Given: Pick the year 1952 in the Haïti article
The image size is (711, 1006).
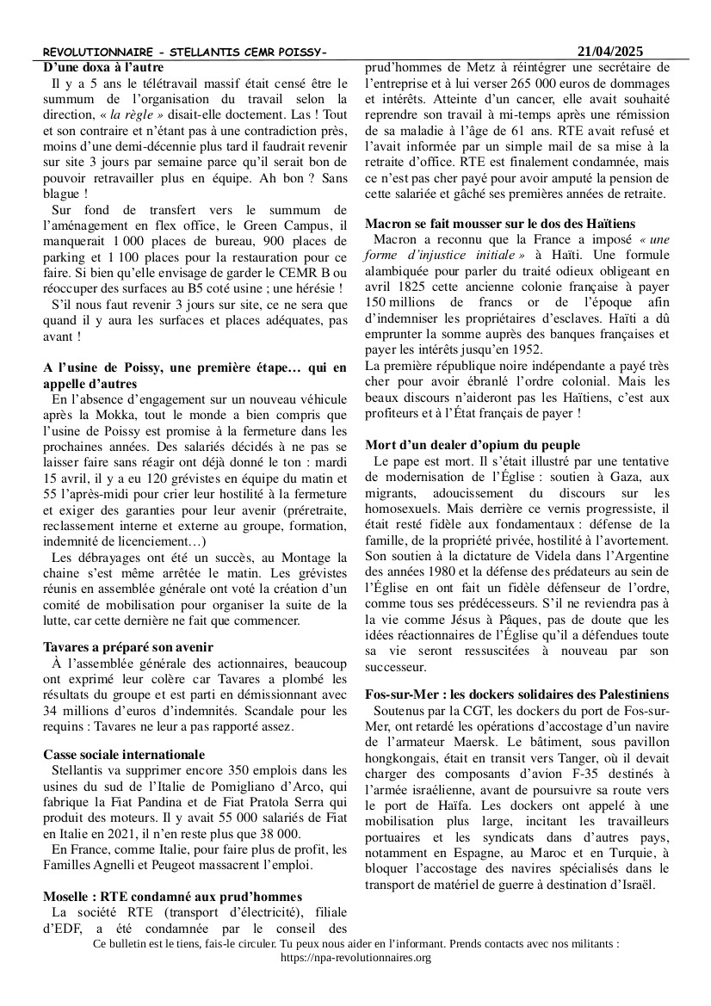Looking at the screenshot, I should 524,349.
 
